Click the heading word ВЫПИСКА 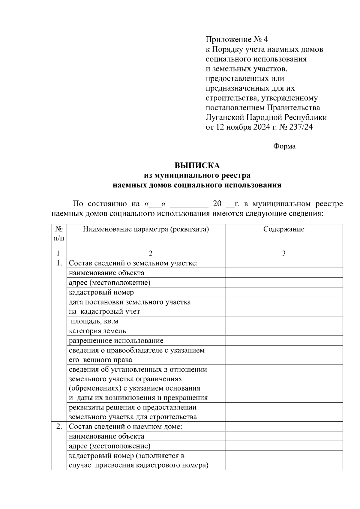click(197, 166)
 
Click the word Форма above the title click(284, 146)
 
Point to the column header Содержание click(284, 229)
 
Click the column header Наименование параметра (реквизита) click(146, 229)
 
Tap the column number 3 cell click(284, 253)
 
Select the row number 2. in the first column click(59, 427)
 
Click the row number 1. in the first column click(59, 263)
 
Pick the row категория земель click(97, 331)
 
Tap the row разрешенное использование click(116, 341)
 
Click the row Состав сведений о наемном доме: click(125, 427)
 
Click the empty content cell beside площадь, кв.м click(284, 321)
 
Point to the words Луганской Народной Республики click(266, 117)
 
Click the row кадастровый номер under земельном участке click(101, 292)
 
